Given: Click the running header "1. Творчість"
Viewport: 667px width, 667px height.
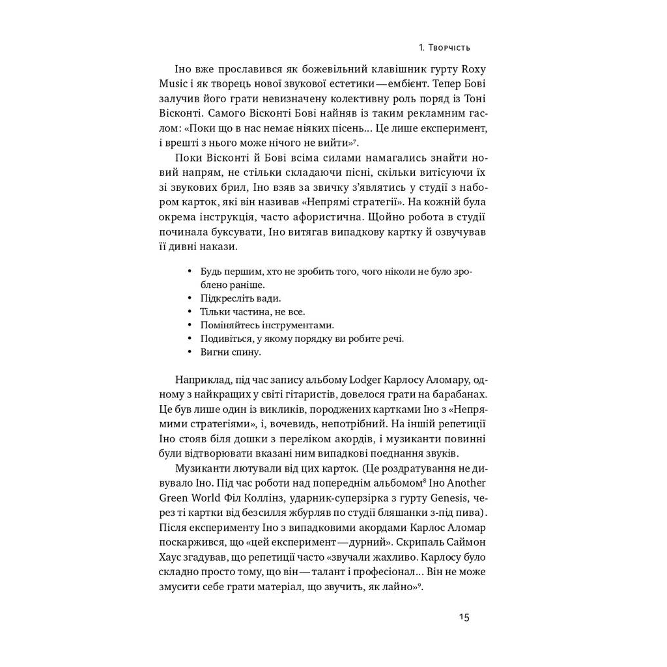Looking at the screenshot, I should click(x=445, y=48).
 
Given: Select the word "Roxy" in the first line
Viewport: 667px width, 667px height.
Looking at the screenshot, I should click(x=474, y=70).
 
